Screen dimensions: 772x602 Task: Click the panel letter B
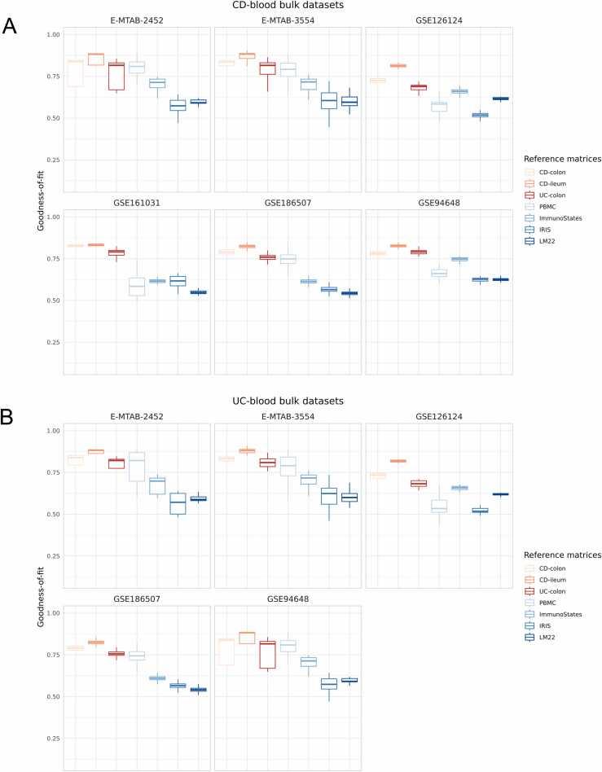click(x=10, y=417)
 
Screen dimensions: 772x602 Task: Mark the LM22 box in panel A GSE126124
click(x=500, y=99)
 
